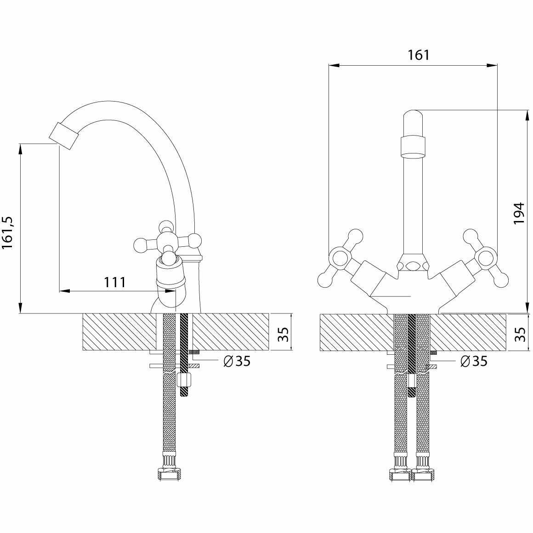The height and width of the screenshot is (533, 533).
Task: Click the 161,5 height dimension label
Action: coord(8,232)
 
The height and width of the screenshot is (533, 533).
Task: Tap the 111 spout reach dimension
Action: coord(114,282)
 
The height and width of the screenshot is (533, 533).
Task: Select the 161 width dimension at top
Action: coord(419,55)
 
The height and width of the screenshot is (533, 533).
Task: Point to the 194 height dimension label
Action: coord(519,213)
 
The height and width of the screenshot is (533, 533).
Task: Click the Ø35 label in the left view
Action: coord(237,361)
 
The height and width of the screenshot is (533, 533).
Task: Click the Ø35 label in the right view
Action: coord(474,361)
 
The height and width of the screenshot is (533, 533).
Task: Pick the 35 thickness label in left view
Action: coord(283,334)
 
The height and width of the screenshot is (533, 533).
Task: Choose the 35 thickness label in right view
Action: coord(520,334)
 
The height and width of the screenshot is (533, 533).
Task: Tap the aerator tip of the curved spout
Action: coord(63,136)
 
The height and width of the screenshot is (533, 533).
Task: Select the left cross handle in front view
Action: coord(340,258)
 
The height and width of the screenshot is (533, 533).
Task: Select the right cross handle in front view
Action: coord(486,258)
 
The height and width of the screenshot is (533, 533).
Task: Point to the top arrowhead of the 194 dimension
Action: coord(527,115)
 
